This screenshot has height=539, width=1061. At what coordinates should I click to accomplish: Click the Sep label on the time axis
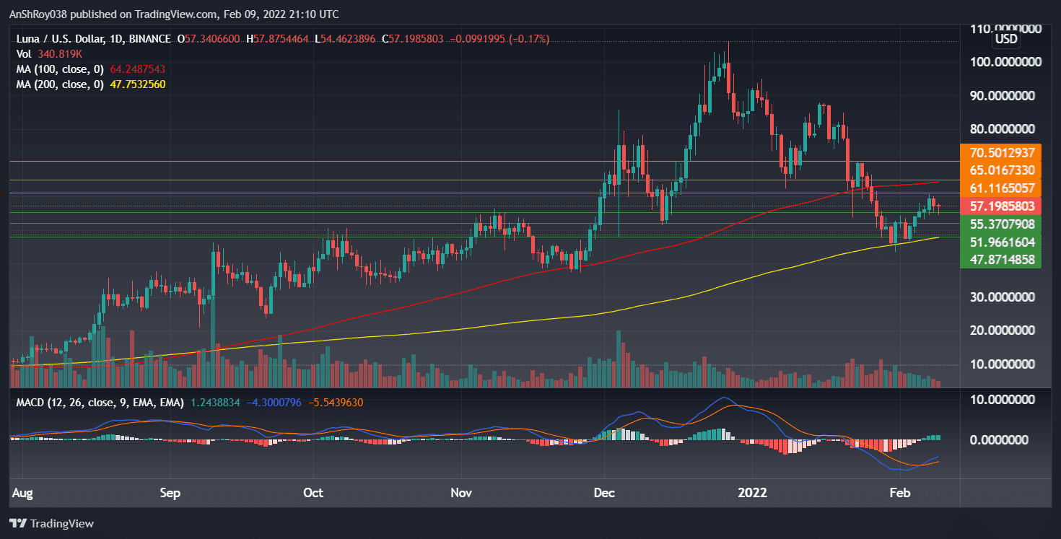pos(170,494)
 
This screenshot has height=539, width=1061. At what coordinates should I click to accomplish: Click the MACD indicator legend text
pos(100,402)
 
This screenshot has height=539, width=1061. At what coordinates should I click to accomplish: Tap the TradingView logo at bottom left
pos(51,523)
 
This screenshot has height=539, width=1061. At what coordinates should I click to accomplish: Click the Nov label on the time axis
pos(460,494)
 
